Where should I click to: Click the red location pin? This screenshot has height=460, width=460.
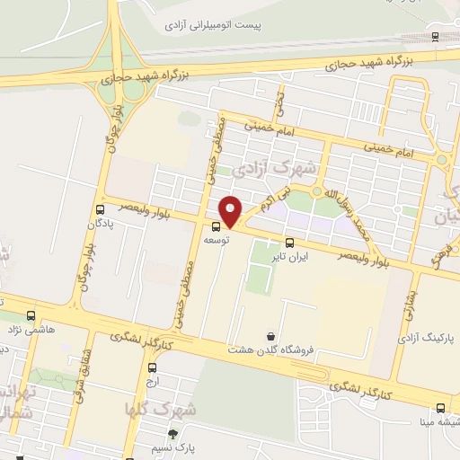tap(231, 211)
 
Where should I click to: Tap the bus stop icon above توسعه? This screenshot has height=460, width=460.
tap(217, 226)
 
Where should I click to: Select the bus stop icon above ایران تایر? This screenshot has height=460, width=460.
tap(289, 242)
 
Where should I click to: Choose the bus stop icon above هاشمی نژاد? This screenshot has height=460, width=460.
tap(31, 315)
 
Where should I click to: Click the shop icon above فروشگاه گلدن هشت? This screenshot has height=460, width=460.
tap(270, 336)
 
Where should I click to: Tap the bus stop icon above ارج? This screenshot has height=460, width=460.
tap(152, 367)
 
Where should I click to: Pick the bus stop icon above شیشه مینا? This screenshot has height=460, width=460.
tap(440, 407)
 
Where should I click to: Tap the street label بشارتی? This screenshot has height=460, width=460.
tap(405, 306)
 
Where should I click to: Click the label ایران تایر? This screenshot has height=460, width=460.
tap(289, 256)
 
